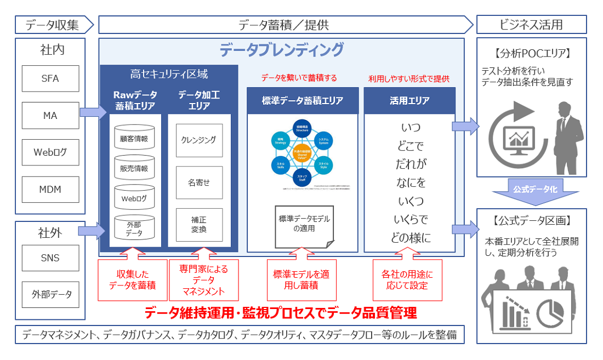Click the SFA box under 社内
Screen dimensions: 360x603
click(50, 78)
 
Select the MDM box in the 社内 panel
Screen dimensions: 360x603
click(50, 190)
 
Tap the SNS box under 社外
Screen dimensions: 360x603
click(50, 258)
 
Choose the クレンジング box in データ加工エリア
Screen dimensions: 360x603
click(199, 140)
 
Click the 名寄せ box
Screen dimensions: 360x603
click(199, 182)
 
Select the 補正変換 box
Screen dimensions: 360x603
click(199, 224)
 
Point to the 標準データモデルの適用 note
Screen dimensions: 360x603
click(304, 224)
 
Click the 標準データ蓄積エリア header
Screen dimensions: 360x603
click(302, 100)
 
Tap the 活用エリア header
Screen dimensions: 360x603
click(409, 100)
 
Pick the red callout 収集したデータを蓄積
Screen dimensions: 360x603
click(132, 279)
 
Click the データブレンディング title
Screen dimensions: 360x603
click(282, 50)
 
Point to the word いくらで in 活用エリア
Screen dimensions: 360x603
click(410, 220)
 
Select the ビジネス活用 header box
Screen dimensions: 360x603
click(531, 25)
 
